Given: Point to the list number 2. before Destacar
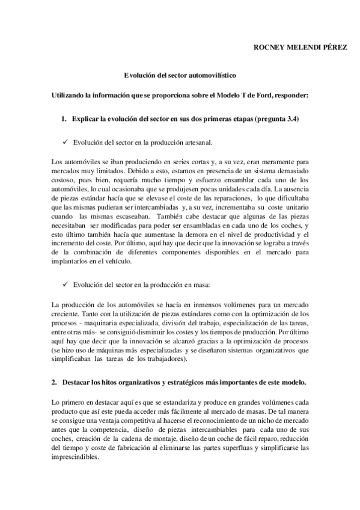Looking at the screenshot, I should pyautogui.click(x=54, y=382).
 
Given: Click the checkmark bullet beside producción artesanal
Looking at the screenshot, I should pyautogui.click(x=65, y=143).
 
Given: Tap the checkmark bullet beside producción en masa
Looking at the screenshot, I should pyautogui.click(x=65, y=283).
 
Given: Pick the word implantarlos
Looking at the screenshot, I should pyautogui.click(x=72, y=262).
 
